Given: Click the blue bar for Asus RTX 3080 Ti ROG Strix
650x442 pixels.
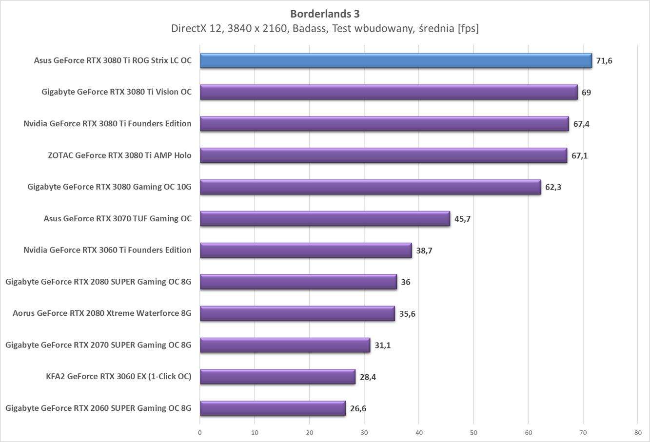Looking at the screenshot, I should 395,60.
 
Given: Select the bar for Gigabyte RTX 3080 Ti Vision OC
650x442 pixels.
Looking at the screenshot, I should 389,92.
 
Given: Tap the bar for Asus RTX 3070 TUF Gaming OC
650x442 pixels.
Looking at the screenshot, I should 325,218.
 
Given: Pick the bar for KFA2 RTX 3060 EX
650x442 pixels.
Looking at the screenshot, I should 277,377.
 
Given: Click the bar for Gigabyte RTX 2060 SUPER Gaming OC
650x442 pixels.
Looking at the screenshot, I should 273,408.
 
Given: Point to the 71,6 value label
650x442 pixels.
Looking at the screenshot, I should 604,61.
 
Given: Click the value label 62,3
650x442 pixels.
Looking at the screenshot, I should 553,187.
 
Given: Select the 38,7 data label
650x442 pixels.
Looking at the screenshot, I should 424,250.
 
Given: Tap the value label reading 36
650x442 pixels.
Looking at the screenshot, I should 405,282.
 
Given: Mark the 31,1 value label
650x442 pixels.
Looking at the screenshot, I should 383,346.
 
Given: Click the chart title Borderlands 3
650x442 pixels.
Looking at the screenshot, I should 325,14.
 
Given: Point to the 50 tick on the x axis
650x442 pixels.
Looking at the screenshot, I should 473,432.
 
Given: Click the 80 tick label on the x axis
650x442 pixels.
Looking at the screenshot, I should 638,432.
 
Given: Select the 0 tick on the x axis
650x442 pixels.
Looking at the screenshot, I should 200,432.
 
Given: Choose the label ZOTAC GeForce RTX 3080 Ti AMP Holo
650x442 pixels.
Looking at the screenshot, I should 119,155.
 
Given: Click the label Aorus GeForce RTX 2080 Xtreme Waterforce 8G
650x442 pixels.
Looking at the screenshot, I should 102,313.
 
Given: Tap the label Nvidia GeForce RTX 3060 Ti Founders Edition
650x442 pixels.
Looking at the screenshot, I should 107,250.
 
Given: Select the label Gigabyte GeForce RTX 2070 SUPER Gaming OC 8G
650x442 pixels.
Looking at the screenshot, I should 98,345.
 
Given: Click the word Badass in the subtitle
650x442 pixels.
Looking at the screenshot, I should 310,28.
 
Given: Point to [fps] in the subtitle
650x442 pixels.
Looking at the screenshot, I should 468,28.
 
